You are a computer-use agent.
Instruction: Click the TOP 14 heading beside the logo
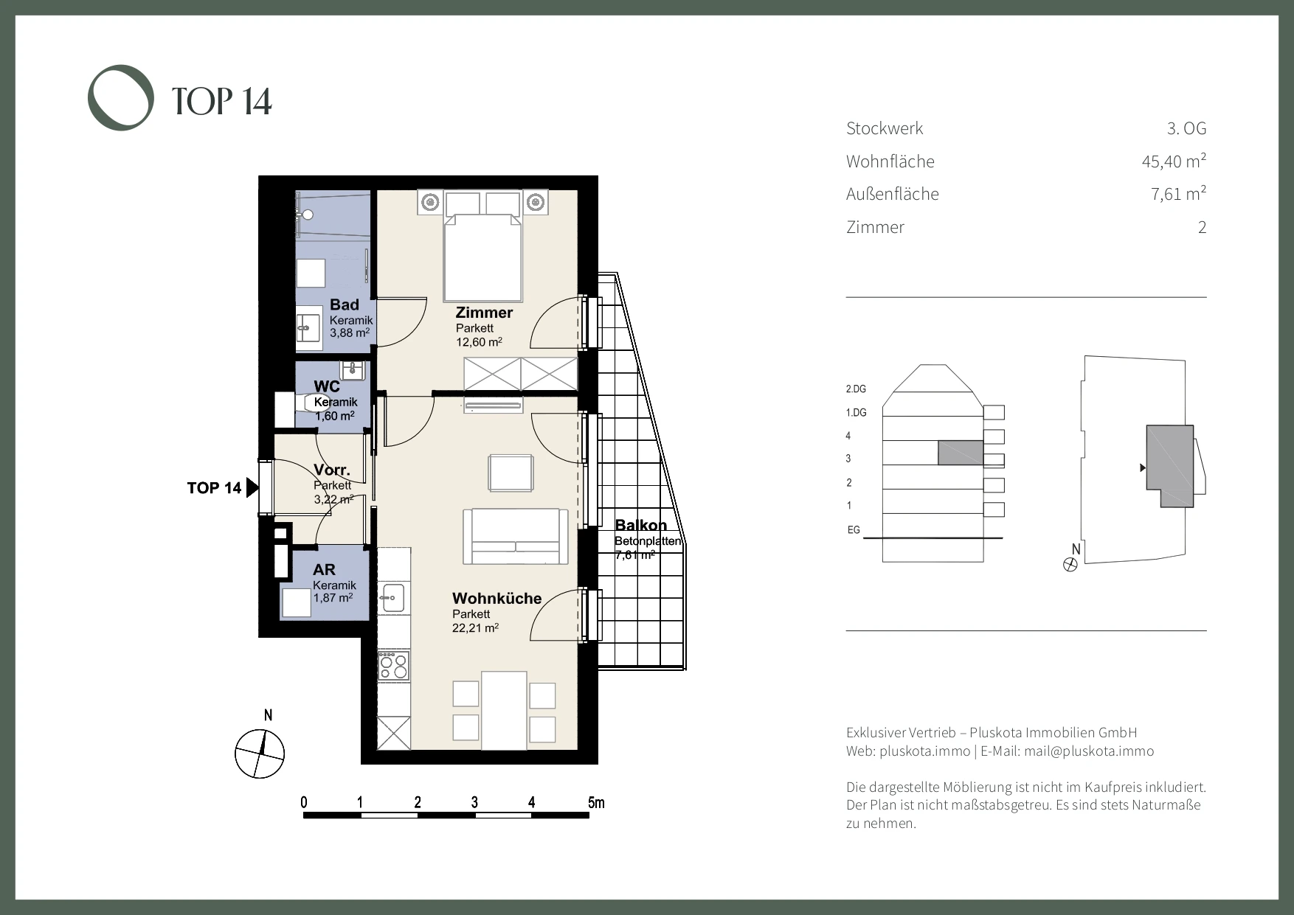click(222, 101)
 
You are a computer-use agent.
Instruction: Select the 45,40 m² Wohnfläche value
click(1174, 161)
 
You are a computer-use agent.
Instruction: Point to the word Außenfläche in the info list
click(893, 194)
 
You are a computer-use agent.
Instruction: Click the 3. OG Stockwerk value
click(1186, 128)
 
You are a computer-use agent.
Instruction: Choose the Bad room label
click(345, 305)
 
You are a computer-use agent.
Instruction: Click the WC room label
click(327, 386)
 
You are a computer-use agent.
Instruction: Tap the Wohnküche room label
click(497, 599)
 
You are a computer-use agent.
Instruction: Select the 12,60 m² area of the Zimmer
click(479, 341)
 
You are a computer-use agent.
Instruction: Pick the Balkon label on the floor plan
click(641, 525)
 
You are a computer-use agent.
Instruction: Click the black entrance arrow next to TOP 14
click(252, 487)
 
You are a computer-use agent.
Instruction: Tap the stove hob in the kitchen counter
click(393, 666)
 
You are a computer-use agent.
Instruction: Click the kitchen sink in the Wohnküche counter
click(393, 597)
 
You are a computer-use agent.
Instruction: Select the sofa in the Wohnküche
click(516, 535)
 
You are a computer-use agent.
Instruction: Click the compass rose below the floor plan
click(260, 754)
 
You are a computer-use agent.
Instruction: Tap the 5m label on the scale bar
click(596, 802)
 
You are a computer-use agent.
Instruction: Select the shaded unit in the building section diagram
click(961, 453)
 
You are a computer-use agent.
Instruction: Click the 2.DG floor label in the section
click(856, 389)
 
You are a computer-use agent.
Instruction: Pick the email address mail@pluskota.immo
click(1089, 751)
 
